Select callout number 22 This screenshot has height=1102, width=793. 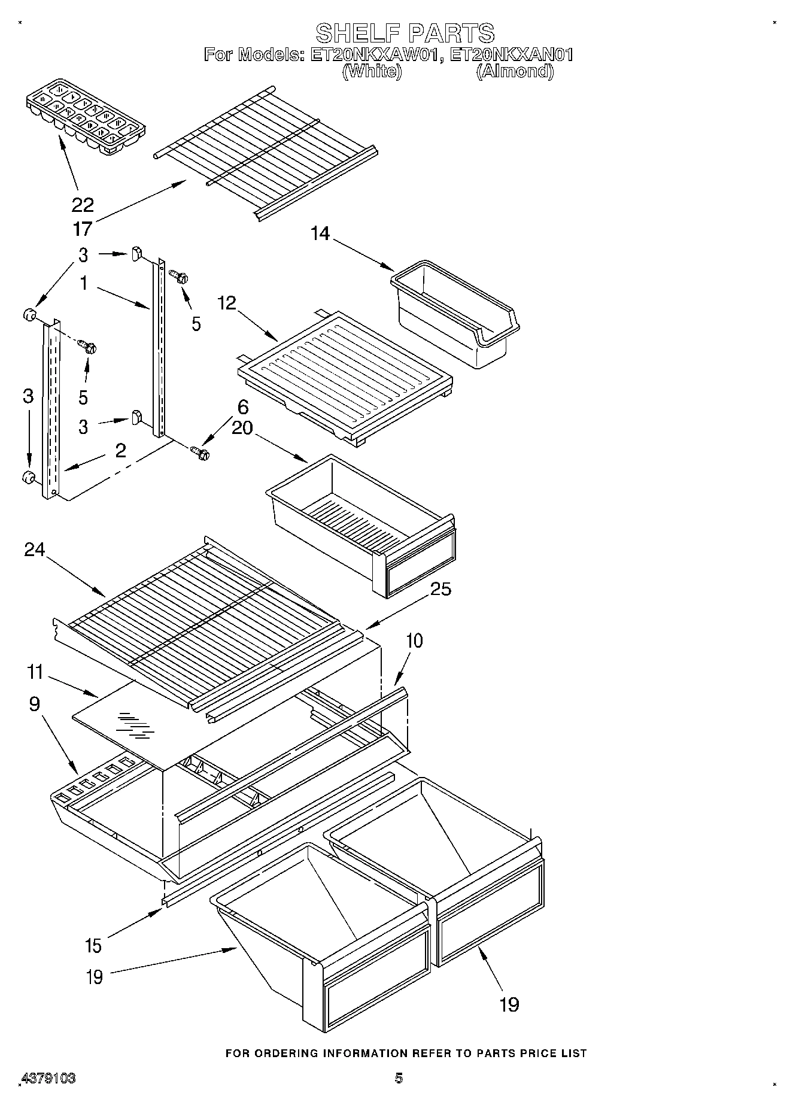pos(83,205)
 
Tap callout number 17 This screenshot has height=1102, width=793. pos(83,229)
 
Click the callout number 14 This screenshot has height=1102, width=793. pos(320,233)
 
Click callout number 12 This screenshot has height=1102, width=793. pos(227,303)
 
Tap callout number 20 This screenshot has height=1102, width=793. pos(242,428)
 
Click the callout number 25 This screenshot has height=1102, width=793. pos(440,589)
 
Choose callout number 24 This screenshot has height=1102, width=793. pos(34,550)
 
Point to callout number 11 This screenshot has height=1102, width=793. pos(35,672)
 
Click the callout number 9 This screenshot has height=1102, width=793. pos(34,704)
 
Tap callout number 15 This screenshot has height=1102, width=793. pos(94,946)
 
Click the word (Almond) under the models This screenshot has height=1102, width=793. pos(515,71)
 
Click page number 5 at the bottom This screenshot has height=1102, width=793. pos(399,1078)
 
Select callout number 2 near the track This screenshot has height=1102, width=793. pos(120,451)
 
